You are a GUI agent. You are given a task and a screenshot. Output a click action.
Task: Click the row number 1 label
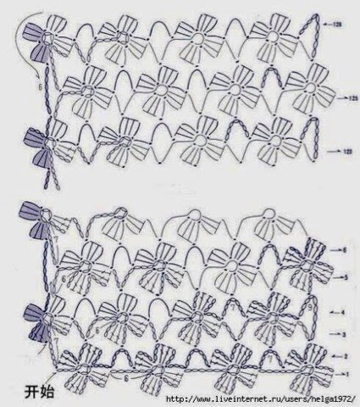[345, 373]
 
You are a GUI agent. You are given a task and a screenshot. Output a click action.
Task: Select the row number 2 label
[345, 355]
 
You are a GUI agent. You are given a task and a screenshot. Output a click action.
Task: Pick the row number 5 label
[345, 277]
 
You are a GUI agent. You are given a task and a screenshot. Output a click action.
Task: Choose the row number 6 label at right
[345, 250]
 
